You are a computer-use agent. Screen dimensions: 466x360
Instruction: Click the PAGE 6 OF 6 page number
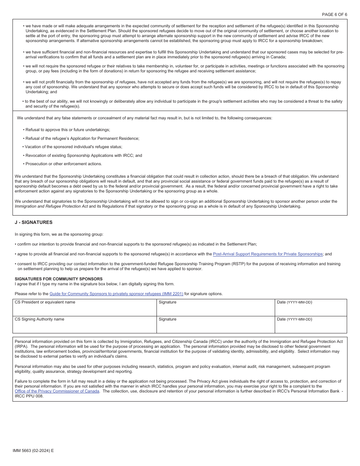pos(334,14)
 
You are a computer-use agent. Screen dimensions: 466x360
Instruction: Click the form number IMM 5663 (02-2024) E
pos(33,450)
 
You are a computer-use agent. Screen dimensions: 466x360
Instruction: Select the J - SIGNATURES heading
pos(33,222)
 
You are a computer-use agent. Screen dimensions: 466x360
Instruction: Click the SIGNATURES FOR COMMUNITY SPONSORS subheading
pos(58,279)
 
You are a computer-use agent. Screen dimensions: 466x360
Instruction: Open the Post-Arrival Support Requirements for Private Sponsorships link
pos(268,254)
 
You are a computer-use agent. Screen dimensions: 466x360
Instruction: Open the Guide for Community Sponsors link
pos(116,294)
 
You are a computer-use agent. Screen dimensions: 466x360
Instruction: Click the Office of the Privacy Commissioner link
pos(57,391)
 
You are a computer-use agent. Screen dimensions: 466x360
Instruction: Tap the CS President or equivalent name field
pos(85,310)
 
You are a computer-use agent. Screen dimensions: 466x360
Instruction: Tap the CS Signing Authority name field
pos(85,326)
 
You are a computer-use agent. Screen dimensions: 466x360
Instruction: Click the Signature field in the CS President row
pos(215,310)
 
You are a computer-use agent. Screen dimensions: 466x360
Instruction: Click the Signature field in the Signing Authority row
pos(215,326)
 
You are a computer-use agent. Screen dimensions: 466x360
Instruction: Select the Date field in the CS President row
pos(310,310)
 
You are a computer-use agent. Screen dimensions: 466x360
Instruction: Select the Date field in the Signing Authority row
pos(310,326)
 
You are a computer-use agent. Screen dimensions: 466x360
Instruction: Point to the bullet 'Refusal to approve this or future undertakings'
pos(67,130)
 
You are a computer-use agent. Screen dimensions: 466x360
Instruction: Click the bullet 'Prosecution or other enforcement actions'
pos(63,164)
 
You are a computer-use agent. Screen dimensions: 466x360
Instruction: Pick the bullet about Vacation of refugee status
pos(74,147)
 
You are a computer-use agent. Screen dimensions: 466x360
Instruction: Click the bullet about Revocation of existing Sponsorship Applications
pos(83,155)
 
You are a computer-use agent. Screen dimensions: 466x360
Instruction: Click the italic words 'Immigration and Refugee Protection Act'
pos(51,206)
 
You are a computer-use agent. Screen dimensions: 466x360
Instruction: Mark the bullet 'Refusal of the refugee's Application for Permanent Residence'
pos(82,138)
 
